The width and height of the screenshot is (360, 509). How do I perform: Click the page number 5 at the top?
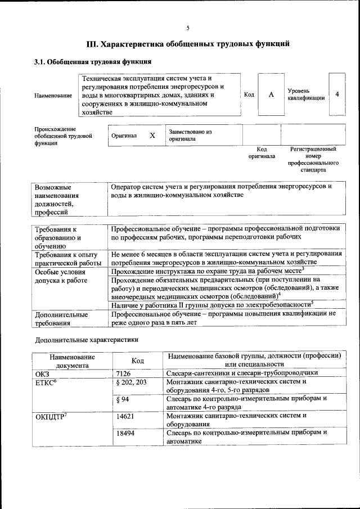coord(188,28)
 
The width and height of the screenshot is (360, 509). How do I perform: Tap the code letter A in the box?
coord(271,94)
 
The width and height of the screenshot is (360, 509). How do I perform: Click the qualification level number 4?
coord(336,94)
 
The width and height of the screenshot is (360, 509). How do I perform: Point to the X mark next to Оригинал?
coord(152,136)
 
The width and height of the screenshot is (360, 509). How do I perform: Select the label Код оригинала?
coord(262,152)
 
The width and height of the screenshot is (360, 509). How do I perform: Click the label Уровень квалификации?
coord(305,94)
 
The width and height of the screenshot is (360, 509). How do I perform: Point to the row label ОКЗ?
coord(43,373)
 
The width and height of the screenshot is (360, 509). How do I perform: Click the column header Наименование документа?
coord(72,361)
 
